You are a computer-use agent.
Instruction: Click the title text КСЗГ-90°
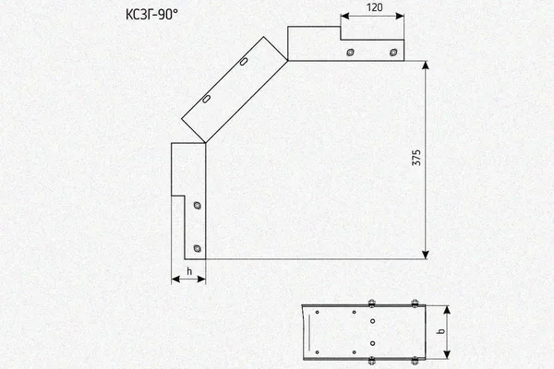pos(152,15)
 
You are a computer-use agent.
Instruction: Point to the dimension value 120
pos(375,7)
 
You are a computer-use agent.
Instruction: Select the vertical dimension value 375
pos(416,158)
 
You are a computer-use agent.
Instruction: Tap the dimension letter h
pos(189,271)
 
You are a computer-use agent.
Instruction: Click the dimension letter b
pos(440,331)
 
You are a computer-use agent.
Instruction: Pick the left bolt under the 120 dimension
pos(350,53)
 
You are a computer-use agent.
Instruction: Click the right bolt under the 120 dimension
pos(393,53)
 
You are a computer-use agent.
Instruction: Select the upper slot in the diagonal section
pos(244,62)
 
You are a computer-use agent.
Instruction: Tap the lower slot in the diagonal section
pos(206,99)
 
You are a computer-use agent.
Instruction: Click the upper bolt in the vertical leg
pos(198,205)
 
